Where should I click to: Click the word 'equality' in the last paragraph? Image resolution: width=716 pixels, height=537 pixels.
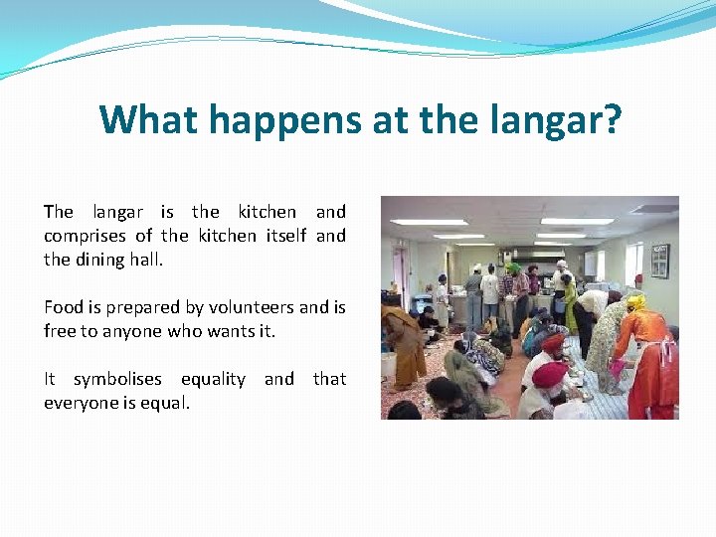[213, 379]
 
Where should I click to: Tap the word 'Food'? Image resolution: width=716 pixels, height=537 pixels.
[62, 307]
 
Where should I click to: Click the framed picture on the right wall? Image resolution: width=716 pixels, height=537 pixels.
[659, 261]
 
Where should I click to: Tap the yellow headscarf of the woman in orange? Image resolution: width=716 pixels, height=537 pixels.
[635, 301]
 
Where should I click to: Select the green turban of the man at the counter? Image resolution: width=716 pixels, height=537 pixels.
[513, 268]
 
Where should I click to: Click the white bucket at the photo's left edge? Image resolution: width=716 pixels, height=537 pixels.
[388, 365]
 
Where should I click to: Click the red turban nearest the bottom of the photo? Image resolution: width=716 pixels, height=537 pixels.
[549, 374]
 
